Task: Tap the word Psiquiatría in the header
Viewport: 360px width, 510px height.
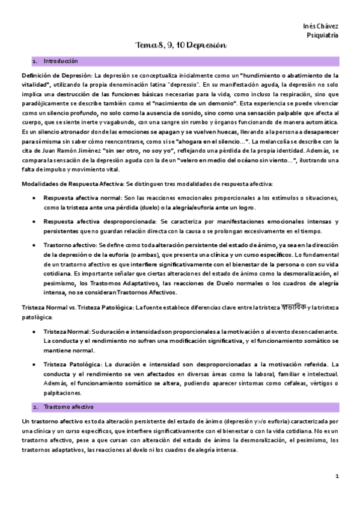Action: pyautogui.click(x=322, y=35)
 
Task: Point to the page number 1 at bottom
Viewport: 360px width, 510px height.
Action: pyautogui.click(x=337, y=476)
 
